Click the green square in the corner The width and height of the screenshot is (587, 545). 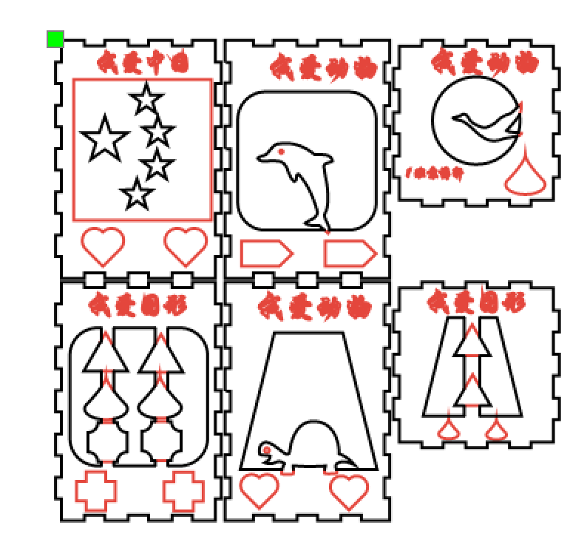(x=55, y=39)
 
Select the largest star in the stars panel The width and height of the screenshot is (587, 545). (x=104, y=140)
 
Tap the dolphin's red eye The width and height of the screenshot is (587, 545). (x=282, y=152)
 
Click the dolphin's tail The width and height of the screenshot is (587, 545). (x=319, y=221)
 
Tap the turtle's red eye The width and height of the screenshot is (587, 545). (x=267, y=450)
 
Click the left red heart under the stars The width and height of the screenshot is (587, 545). (x=103, y=246)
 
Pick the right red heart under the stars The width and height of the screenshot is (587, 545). (x=186, y=246)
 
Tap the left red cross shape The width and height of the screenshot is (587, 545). (x=96, y=490)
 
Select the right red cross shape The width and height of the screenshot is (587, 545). (x=183, y=490)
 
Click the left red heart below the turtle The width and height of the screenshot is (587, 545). (x=259, y=490)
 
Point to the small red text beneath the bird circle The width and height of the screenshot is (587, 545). (x=435, y=173)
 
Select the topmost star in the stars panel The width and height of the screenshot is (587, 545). (x=146, y=99)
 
